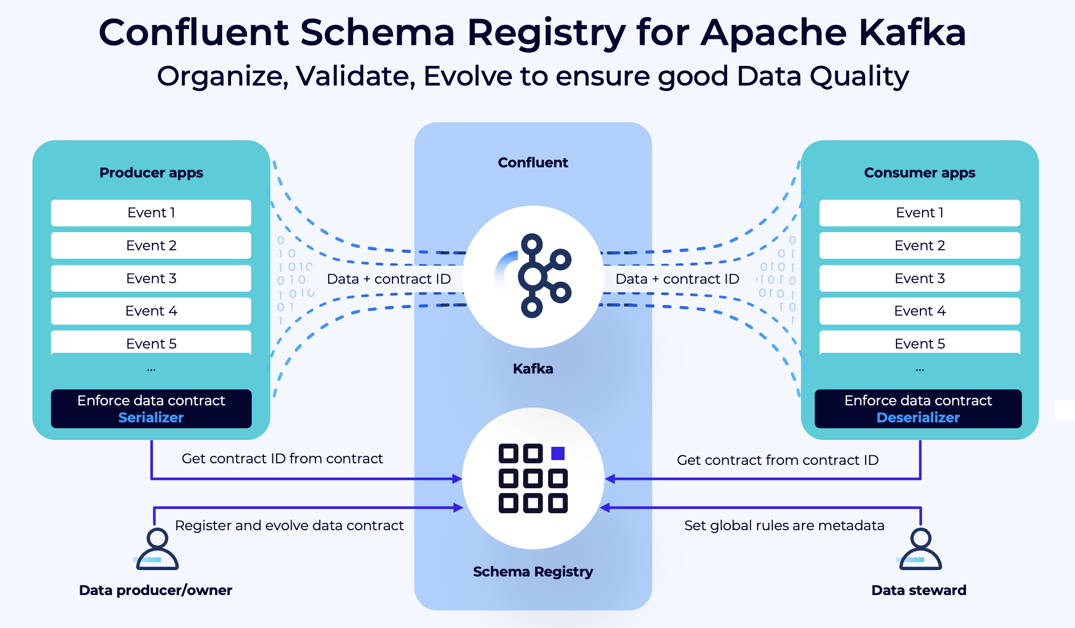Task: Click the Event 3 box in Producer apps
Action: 151,278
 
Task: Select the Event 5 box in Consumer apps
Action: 919,343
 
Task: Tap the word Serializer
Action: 151,418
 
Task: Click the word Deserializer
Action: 918,418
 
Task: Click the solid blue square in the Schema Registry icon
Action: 558,453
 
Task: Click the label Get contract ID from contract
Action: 282,459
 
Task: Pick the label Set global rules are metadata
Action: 784,525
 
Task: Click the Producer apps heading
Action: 151,173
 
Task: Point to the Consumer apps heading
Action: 919,173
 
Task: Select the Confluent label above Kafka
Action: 533,163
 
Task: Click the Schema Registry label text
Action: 533,572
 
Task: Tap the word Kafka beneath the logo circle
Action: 533,369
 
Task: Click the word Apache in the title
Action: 773,33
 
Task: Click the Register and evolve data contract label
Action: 289,525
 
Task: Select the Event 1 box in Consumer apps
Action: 919,213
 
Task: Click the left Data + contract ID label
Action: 389,279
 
